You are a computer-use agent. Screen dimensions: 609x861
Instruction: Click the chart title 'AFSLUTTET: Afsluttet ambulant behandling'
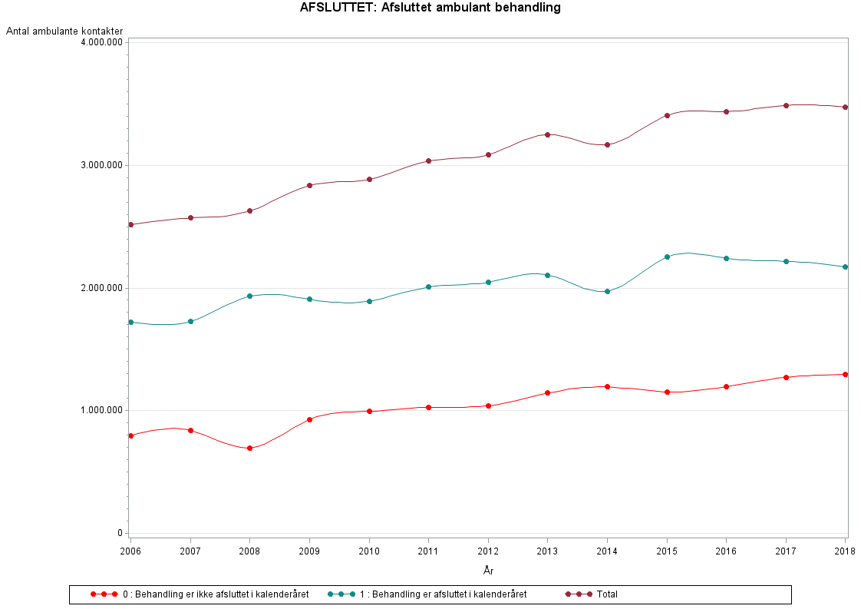[430, 8]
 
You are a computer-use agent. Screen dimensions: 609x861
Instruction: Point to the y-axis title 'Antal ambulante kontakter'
[64, 31]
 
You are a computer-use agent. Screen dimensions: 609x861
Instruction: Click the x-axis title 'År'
[488, 571]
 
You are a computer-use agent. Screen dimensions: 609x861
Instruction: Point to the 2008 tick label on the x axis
[249, 551]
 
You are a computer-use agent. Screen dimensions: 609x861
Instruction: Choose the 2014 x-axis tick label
[607, 551]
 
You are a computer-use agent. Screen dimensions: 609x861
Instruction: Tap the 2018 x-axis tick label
[845, 551]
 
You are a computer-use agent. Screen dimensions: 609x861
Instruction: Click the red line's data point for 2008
[249, 448]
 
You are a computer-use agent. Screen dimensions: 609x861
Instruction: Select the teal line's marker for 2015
[667, 257]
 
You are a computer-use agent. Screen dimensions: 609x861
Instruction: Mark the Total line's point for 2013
[547, 134]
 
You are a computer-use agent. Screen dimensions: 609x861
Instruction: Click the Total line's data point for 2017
[786, 105]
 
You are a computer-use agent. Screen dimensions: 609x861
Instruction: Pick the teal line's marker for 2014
[607, 291]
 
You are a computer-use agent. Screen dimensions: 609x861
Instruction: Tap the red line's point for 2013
[547, 392]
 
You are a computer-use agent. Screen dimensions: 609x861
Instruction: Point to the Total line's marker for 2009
[309, 185]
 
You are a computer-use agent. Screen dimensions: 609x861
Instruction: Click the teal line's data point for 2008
[249, 296]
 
